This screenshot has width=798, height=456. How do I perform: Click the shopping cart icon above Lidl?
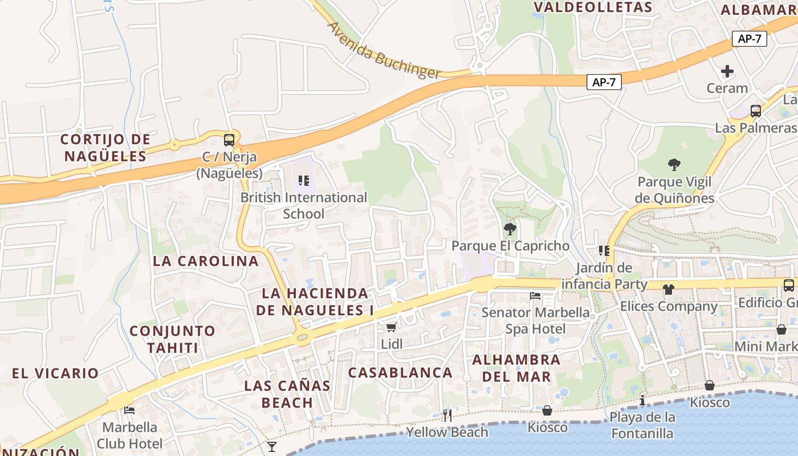(x=391, y=327)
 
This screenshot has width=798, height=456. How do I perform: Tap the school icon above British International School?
(x=304, y=181)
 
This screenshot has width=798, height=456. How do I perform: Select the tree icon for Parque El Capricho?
(x=510, y=229)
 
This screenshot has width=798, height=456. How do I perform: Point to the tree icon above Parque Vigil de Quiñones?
(x=675, y=165)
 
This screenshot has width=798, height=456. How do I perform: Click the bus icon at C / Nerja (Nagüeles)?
(x=229, y=140)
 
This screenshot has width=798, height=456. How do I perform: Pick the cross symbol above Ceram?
(x=727, y=71)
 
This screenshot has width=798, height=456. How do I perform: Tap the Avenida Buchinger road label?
(x=384, y=50)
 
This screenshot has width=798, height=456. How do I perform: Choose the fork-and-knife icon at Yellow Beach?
(x=447, y=415)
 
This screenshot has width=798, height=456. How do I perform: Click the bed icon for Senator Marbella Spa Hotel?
(x=535, y=295)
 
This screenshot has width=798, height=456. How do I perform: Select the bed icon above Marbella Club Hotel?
(x=129, y=410)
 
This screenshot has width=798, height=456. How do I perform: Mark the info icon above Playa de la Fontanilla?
(x=642, y=400)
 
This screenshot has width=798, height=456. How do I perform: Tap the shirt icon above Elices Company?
(x=669, y=290)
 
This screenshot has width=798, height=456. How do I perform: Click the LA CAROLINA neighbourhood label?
(x=206, y=261)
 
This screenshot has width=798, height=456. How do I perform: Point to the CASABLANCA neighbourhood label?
(x=400, y=373)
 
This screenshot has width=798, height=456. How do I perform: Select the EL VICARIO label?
(x=55, y=373)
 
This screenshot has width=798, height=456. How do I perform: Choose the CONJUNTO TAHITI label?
(x=172, y=339)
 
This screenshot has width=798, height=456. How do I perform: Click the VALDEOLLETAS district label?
(x=593, y=7)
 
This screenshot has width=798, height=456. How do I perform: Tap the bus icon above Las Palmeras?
(x=756, y=111)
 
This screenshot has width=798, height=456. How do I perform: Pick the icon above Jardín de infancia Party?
(x=604, y=251)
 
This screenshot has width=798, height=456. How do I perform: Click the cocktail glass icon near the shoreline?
(x=272, y=446)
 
